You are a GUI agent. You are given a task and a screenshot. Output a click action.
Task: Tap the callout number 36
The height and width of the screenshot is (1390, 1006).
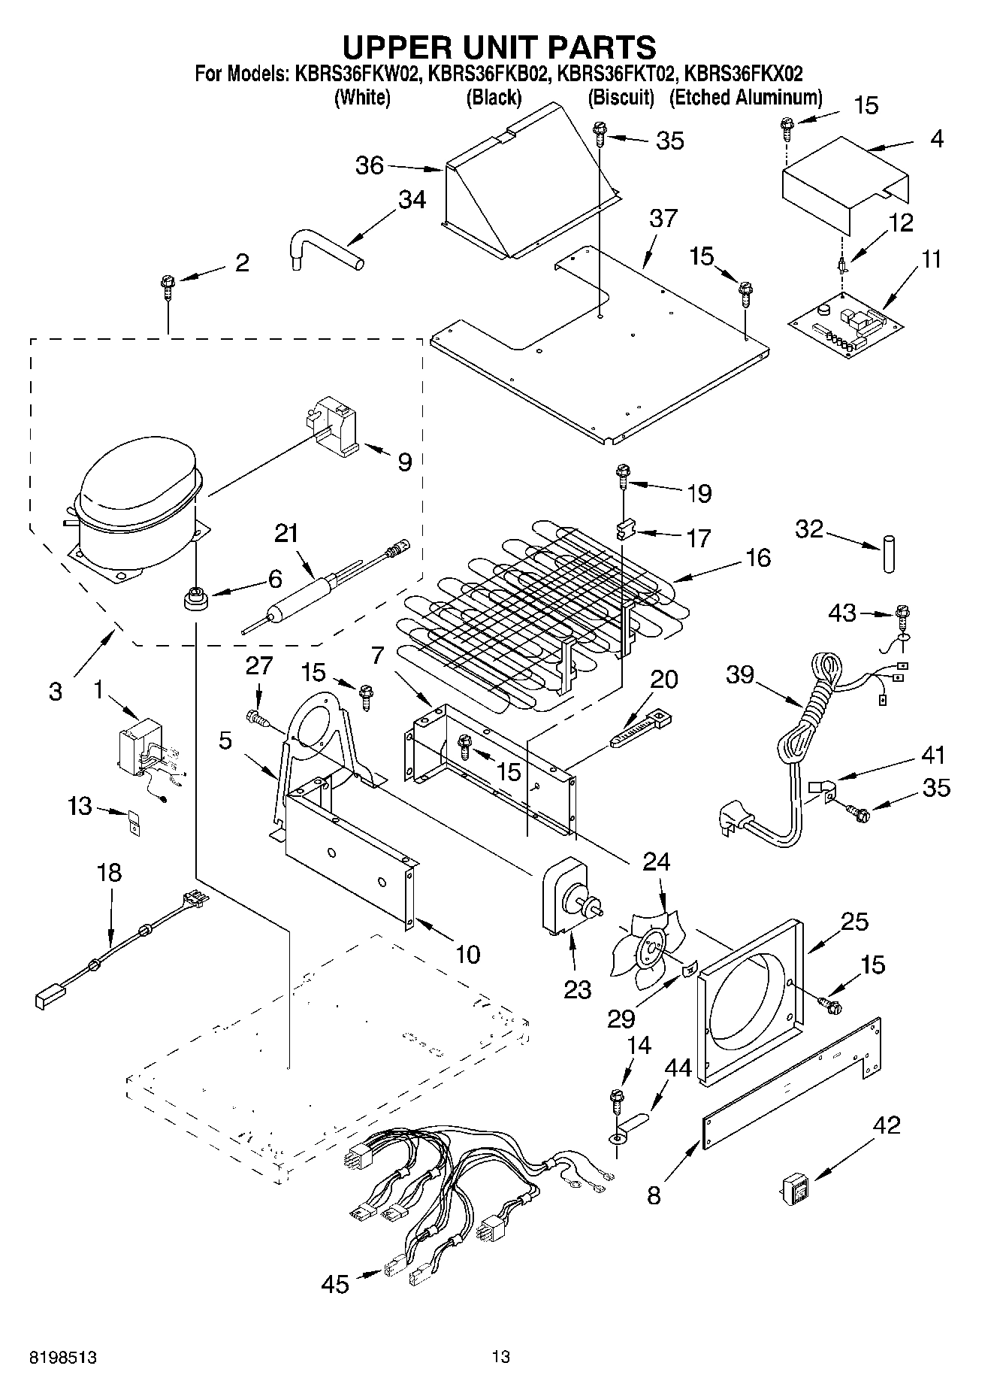[x=370, y=165]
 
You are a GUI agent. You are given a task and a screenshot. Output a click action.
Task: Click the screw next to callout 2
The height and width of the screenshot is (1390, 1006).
[x=167, y=286]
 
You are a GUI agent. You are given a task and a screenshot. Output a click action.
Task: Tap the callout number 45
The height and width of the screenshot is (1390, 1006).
[x=335, y=1283]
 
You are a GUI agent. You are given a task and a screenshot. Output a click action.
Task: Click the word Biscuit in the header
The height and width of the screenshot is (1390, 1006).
[x=621, y=97]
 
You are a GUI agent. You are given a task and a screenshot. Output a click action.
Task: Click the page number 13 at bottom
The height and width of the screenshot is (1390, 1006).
[x=501, y=1356]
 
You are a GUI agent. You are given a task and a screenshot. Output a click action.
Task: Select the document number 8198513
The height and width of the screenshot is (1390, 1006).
[x=63, y=1358]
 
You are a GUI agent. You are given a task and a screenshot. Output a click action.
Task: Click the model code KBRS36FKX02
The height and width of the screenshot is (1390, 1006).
[x=745, y=74]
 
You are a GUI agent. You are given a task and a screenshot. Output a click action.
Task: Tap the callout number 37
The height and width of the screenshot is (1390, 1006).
[x=663, y=219]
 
